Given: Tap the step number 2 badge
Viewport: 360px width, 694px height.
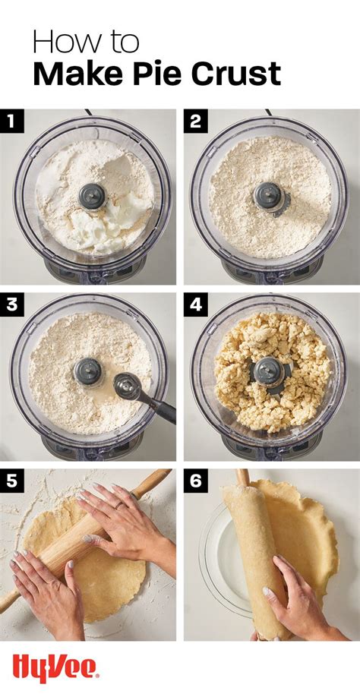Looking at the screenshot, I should pos(195,120).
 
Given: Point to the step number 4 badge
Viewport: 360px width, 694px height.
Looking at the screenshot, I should pos(195,305).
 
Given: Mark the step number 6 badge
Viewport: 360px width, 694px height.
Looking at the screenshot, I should pos(195,481).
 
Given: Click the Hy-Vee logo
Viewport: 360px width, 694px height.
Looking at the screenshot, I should pos(55,667).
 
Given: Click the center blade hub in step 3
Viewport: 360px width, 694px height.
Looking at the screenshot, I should pos(88,371).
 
